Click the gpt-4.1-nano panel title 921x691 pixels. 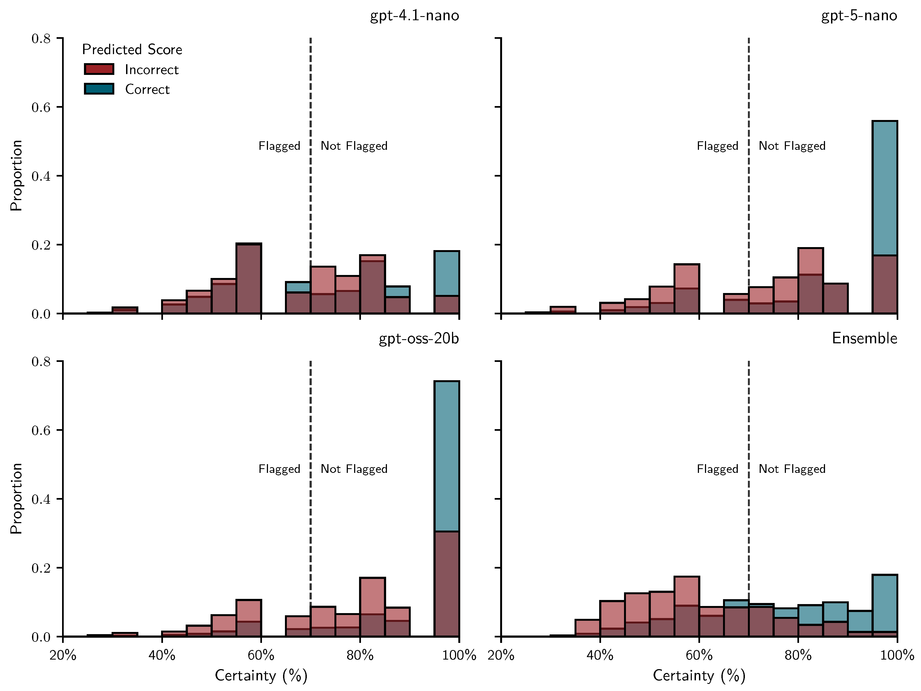click(x=414, y=16)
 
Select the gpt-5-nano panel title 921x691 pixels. click(x=859, y=16)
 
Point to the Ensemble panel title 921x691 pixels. click(x=864, y=338)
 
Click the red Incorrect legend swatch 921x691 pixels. click(x=99, y=69)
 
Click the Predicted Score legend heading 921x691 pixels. click(x=132, y=49)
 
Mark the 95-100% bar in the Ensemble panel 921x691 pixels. click(x=885, y=606)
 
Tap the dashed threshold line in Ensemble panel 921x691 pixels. click(x=749, y=416)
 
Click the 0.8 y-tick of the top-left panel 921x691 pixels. click(x=41, y=39)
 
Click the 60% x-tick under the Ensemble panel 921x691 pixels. click(x=699, y=655)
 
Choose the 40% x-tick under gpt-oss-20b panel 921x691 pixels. click(x=162, y=655)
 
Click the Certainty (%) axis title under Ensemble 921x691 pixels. click(x=699, y=675)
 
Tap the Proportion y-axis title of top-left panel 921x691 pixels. click(x=16, y=176)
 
